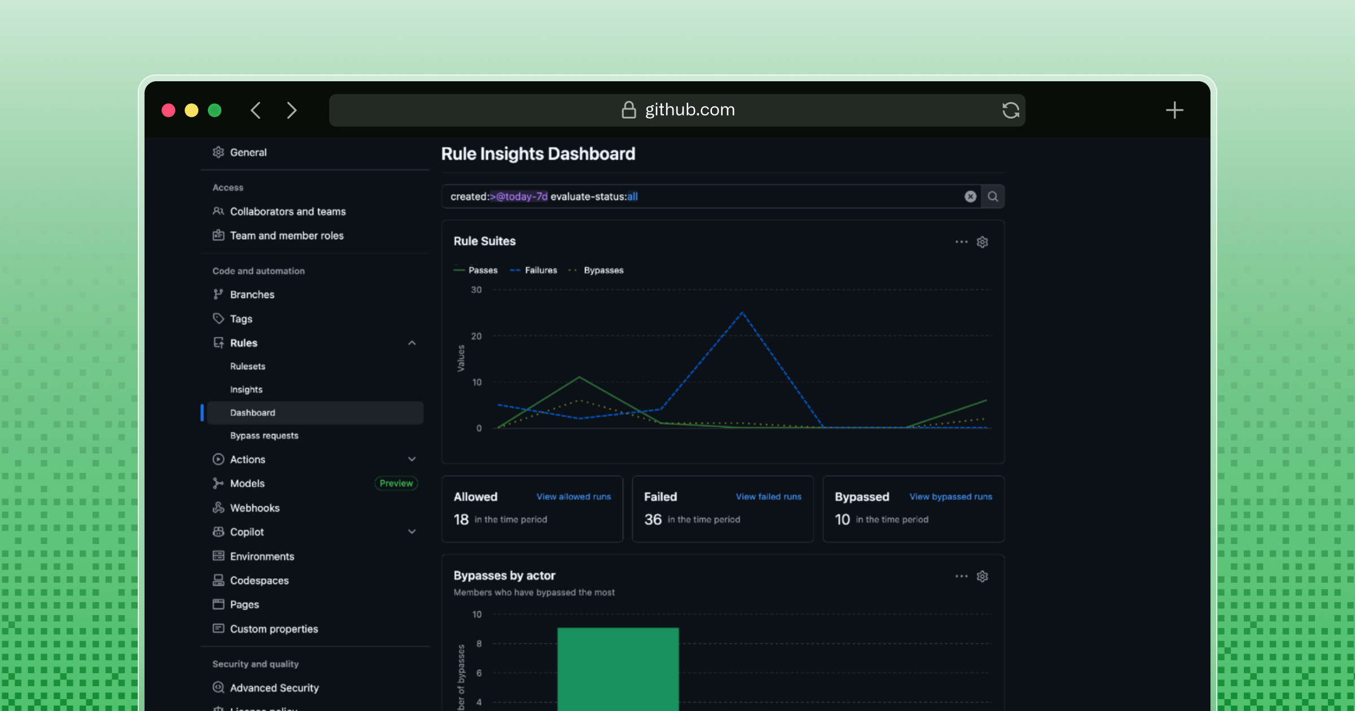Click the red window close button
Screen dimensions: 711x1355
click(168, 110)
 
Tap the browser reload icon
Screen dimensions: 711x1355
click(1011, 110)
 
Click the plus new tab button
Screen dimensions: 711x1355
click(1174, 110)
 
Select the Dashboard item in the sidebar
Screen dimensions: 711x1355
click(252, 412)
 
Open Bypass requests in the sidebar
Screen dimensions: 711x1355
click(264, 436)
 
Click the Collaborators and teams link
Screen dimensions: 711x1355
click(287, 212)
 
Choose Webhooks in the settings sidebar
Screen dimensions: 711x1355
click(255, 508)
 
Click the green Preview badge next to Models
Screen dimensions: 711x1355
click(396, 483)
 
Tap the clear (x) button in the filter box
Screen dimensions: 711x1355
click(970, 196)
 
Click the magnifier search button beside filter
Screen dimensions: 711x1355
click(993, 196)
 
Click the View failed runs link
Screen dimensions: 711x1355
click(768, 497)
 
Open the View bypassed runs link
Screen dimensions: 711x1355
click(950, 497)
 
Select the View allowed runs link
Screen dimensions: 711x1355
click(573, 497)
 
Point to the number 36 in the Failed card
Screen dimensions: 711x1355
click(653, 519)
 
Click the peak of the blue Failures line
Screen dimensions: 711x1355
click(742, 313)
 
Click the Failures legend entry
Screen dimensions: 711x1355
click(540, 270)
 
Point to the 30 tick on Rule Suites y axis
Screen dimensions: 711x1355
click(477, 290)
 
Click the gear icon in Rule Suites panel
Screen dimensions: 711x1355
click(982, 242)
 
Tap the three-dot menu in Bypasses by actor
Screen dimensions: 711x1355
click(961, 576)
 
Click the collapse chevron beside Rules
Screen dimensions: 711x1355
click(412, 343)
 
